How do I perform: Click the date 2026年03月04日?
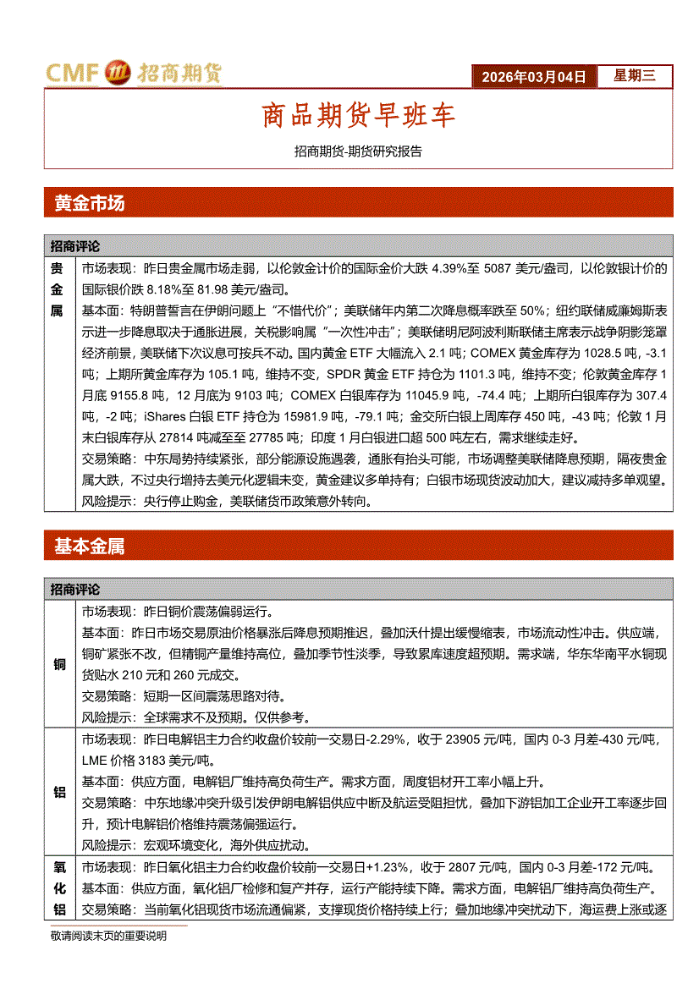click(533, 76)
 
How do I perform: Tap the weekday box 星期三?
click(634, 76)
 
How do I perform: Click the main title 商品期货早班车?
click(358, 116)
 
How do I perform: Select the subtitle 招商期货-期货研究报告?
click(358, 152)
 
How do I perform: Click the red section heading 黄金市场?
click(89, 203)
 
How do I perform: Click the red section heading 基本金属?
click(89, 547)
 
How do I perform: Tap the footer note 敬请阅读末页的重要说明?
click(108, 936)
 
